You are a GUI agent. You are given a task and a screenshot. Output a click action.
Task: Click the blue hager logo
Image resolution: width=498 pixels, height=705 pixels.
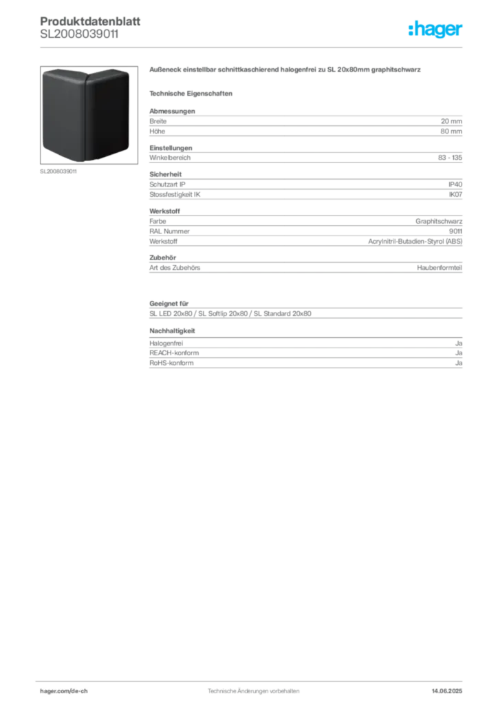(x=436, y=30)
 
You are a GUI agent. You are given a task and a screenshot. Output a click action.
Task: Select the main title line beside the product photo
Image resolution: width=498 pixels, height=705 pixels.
(x=282, y=71)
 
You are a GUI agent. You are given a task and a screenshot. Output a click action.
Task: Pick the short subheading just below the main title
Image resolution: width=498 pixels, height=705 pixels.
(x=193, y=92)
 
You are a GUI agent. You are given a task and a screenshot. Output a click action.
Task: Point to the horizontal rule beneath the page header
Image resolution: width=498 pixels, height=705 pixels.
(x=252, y=48)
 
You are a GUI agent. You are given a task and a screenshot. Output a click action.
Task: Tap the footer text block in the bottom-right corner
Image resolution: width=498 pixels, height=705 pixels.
(x=451, y=688)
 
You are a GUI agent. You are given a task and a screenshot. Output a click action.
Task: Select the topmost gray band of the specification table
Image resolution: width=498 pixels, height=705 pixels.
(x=305, y=124)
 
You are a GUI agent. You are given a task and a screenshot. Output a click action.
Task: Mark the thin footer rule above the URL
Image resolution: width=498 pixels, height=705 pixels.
(x=252, y=678)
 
